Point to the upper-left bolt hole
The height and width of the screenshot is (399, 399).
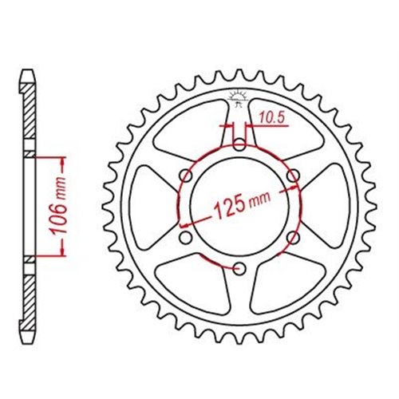[187, 175]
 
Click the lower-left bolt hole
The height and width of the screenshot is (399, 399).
[187, 237]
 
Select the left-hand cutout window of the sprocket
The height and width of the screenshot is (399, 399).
[153, 206]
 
